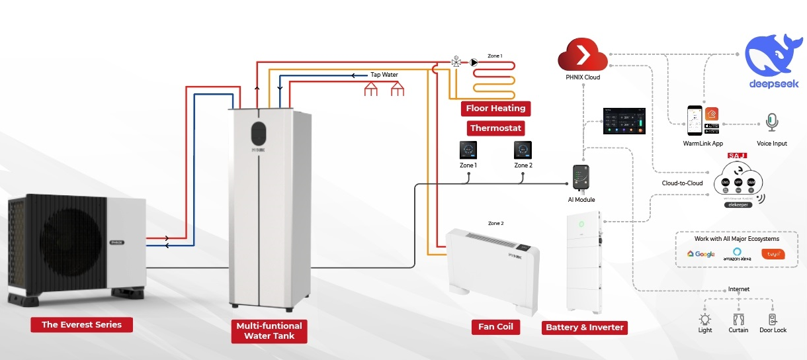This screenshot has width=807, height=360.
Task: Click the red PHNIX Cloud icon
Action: [582, 54]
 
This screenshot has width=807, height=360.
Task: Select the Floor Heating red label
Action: [495, 109]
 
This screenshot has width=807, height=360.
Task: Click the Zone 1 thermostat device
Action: [468, 150]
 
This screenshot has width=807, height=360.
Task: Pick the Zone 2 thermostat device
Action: [523, 150]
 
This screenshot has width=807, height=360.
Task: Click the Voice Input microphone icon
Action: [771, 122]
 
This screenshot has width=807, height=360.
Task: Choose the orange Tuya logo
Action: [773, 253]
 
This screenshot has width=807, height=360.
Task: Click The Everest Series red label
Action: [81, 324]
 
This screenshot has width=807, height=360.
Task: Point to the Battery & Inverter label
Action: [584, 327]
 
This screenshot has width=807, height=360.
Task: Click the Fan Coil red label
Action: [495, 327]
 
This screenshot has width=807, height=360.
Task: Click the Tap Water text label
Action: [384, 75]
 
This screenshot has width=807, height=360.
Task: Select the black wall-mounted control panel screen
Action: [623, 123]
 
